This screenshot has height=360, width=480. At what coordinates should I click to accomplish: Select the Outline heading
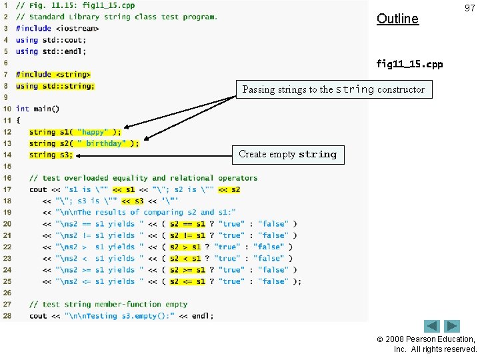coord(397,19)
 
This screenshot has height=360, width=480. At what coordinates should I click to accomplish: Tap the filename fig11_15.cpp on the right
coord(409,64)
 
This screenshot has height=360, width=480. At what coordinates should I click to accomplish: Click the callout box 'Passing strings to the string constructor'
coord(333,89)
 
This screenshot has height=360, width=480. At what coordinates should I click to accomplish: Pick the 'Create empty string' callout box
coord(288,155)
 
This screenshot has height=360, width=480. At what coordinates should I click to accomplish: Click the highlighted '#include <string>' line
coord(53,75)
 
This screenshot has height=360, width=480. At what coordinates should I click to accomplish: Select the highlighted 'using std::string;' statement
coord(55,86)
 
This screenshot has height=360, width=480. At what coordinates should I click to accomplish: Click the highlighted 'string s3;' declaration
coord(51,155)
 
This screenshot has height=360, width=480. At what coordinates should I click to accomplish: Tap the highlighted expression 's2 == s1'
coord(187,224)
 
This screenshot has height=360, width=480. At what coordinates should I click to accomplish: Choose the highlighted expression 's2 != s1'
coord(187,235)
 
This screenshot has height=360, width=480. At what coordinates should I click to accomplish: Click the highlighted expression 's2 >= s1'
coord(187,270)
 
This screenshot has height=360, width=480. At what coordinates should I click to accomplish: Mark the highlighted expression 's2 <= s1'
coord(187,281)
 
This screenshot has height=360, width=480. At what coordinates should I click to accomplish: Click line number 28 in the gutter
coord(7,315)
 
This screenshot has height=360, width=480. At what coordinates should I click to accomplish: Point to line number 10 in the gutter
coord(7,109)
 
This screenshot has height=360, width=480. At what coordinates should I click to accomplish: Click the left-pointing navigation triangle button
coord(432,327)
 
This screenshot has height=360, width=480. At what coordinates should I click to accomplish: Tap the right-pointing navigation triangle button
coord(453,327)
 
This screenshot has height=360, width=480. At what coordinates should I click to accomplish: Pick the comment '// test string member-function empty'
coord(108,304)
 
